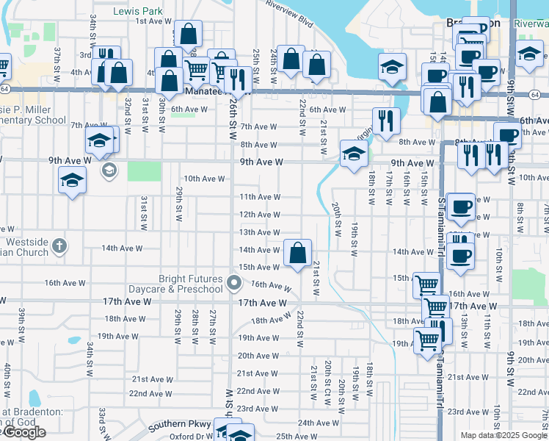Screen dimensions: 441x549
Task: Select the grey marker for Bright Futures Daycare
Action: tap(234, 283)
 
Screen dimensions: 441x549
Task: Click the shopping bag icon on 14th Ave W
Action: tap(297, 254)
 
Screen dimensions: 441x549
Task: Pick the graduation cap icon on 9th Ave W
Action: tap(354, 154)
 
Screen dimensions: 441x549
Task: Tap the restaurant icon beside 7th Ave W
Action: tap(385, 121)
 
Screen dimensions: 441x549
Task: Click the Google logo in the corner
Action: tap(23, 433)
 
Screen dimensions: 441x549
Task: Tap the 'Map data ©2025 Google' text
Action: tap(503, 435)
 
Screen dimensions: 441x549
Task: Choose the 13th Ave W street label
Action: tap(260, 232)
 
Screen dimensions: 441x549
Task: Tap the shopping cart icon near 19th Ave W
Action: tap(427, 340)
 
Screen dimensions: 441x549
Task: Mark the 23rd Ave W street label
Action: tap(257, 409)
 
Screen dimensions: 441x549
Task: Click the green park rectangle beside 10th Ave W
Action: tap(143, 171)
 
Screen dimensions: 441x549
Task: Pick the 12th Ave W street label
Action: tap(260, 215)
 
